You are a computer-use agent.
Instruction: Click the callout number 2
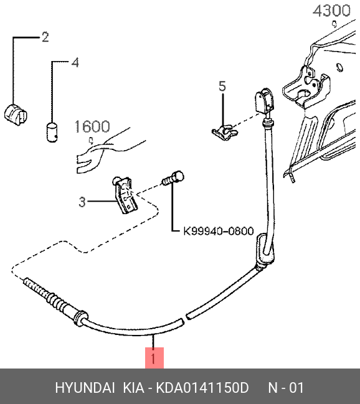click(45, 37)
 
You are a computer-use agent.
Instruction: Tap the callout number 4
click(75, 63)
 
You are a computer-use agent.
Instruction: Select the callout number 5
click(222, 86)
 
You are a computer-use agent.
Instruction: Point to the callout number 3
click(82, 202)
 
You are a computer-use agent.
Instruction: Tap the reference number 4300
click(331, 11)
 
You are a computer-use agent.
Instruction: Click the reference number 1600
click(92, 127)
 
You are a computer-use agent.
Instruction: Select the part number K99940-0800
click(219, 231)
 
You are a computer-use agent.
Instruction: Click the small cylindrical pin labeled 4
click(52, 132)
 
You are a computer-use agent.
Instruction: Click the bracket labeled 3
click(125, 194)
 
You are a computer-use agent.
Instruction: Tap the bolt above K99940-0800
click(173, 178)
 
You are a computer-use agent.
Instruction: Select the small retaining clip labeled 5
click(225, 132)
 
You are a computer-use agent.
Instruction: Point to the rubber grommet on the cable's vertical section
click(264, 248)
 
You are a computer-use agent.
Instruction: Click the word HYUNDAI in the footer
click(85, 388)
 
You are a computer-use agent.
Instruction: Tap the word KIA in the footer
click(133, 388)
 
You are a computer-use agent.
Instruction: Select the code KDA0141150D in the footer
click(202, 388)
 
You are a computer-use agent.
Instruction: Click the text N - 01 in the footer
click(287, 388)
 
